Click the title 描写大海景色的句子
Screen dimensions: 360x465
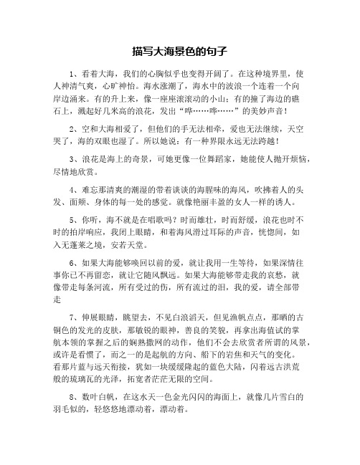180,52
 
